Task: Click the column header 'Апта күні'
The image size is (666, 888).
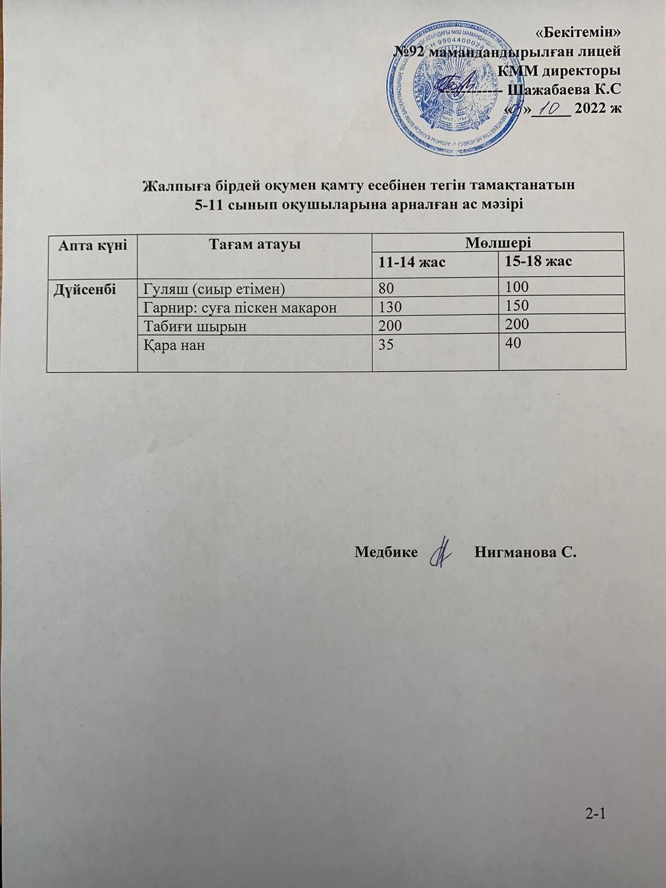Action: (93, 244)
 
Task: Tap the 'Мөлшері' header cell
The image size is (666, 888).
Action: (498, 242)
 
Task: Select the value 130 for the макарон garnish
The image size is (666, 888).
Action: (388, 307)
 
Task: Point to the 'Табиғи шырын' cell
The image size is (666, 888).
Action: (195, 326)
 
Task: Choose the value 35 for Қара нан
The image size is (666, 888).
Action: (384, 345)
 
